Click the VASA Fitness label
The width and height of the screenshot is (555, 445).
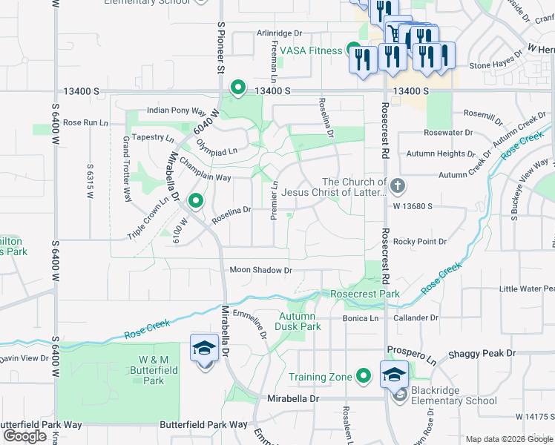pyautogui.click(x=311, y=50)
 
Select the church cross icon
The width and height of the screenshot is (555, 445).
pyautogui.click(x=398, y=185)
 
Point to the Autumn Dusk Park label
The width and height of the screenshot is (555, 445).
pyautogui.click(x=298, y=321)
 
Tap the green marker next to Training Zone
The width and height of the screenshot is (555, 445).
pyautogui.click(x=363, y=376)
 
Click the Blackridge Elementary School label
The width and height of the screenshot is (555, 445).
pyautogui.click(x=453, y=395)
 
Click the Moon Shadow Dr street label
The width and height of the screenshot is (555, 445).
pyautogui.click(x=260, y=271)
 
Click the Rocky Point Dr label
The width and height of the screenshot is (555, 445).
pyautogui.click(x=420, y=242)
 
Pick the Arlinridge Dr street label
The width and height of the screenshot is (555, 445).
pyautogui.click(x=280, y=33)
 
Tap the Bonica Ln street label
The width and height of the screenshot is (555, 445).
pyautogui.click(x=361, y=318)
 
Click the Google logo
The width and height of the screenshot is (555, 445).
pyautogui.click(x=24, y=436)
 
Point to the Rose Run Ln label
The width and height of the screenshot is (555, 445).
pyautogui.click(x=81, y=122)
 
